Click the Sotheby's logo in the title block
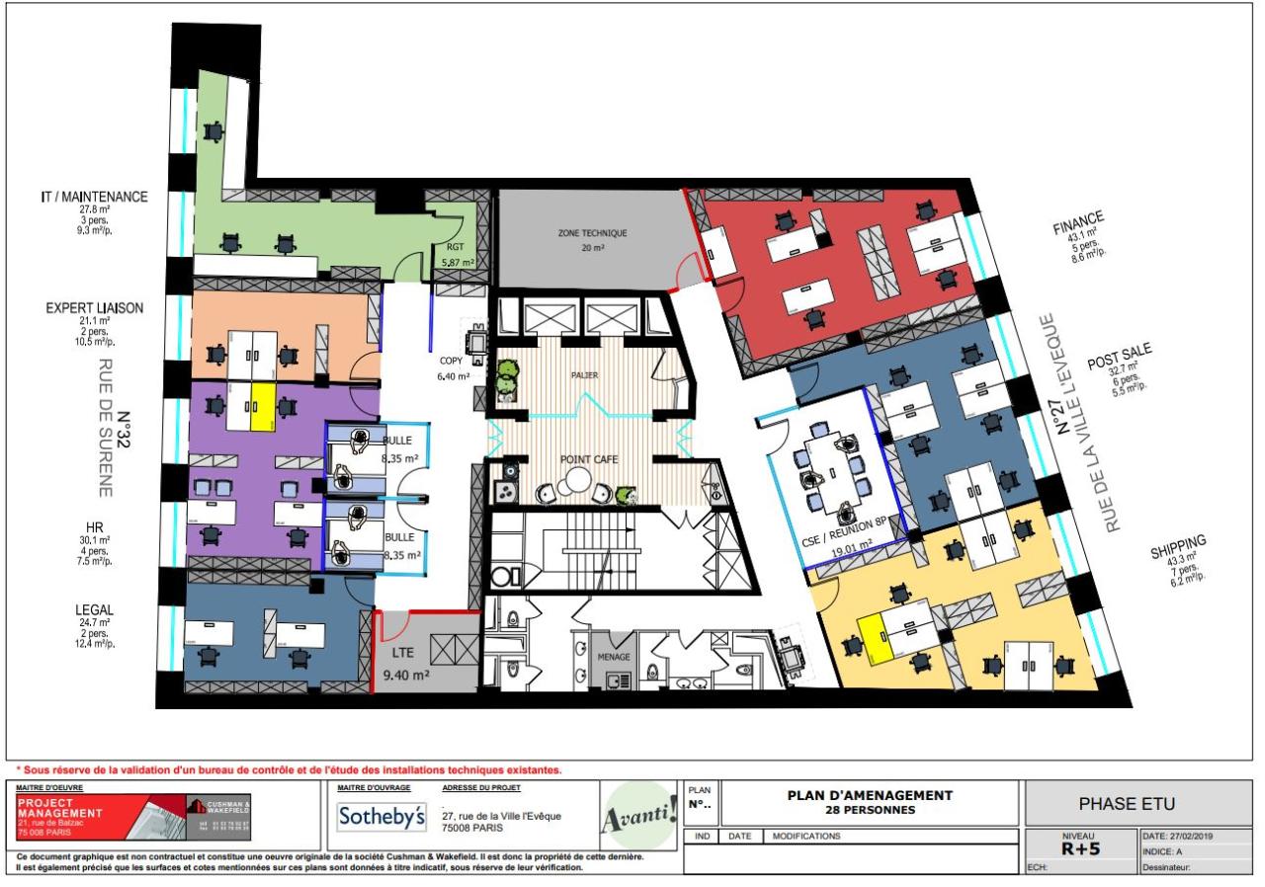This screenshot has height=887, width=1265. (x=381, y=818)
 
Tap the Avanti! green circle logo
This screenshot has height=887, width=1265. (x=638, y=816)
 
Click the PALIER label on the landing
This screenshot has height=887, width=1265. (x=584, y=375)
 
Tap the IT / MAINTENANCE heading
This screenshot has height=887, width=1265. (x=95, y=197)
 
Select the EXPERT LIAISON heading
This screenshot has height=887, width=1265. (x=95, y=308)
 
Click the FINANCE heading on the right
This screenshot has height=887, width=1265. (x=1078, y=218)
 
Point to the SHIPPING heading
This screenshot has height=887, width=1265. (x=1178, y=542)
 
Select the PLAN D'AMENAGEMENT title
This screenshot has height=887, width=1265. (x=870, y=795)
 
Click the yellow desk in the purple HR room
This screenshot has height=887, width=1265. (x=262, y=407)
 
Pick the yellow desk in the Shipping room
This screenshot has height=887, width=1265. (x=875, y=633)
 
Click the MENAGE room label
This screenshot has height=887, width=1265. (x=613, y=654)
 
